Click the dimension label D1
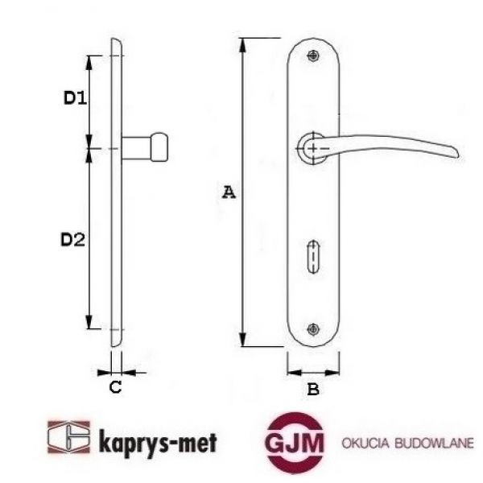pyautogui.click(x=75, y=99)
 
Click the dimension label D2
pyautogui.click(x=74, y=239)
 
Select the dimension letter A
pyautogui.click(x=229, y=192)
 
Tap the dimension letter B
pyautogui.click(x=314, y=390)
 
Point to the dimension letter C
pyautogui.click(x=115, y=387)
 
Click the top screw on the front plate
pyautogui.click(x=313, y=55)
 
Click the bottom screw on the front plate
pyautogui.click(x=313, y=328)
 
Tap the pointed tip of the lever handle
pyautogui.click(x=456, y=155)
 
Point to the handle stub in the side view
pyautogui.click(x=147, y=148)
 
